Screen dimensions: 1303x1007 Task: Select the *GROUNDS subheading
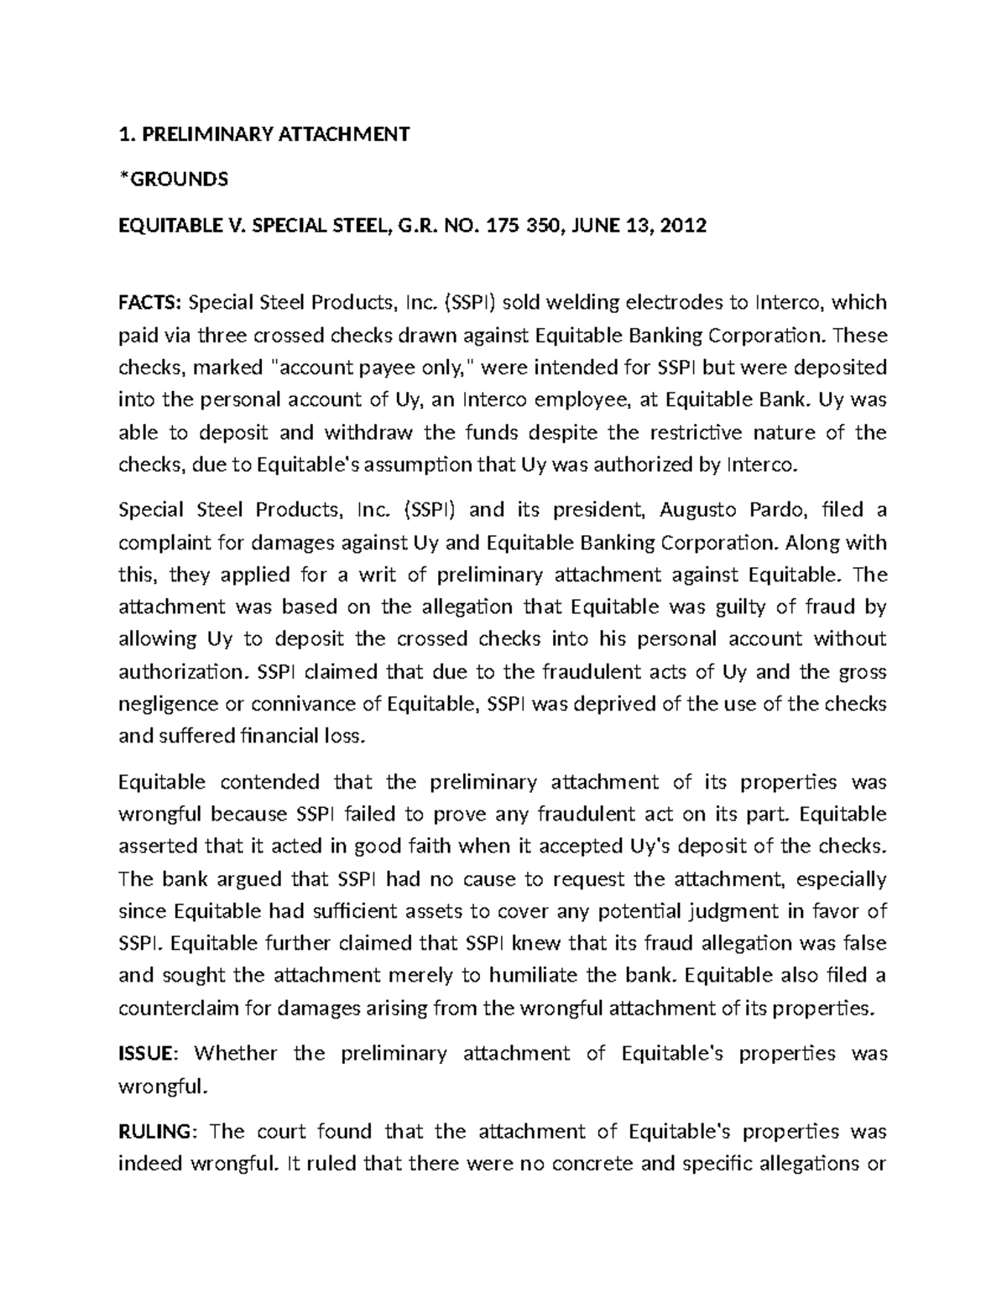[x=173, y=180]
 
